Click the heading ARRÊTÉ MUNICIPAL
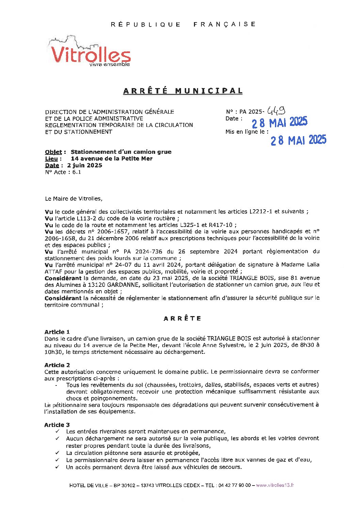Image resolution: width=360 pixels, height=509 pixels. [183, 91]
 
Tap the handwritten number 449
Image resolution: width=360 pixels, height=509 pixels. [276, 110]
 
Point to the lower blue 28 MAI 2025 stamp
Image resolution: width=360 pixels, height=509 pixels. [298, 140]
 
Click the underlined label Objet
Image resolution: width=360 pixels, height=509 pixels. [53, 152]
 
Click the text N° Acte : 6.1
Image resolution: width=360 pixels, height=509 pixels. [63, 172]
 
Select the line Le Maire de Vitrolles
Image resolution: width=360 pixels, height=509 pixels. [73, 198]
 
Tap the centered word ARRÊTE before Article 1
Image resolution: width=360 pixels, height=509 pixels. [182, 318]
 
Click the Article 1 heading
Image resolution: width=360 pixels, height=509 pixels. [57, 332]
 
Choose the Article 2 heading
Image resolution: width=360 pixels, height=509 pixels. [57, 365]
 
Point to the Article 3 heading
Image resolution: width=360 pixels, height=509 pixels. [57, 425]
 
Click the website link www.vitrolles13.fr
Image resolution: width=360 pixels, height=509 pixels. [275, 485]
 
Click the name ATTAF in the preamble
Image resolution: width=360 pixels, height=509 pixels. [51, 272]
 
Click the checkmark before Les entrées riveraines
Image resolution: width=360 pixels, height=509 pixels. [58, 431]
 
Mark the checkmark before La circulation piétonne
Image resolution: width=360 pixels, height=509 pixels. [58, 453]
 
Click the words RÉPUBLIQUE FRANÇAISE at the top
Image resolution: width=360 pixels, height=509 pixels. [183, 24]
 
